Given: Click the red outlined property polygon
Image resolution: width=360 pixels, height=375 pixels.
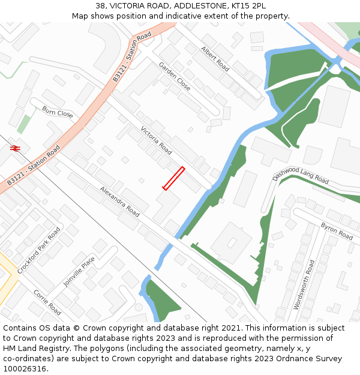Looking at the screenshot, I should click(x=173, y=178).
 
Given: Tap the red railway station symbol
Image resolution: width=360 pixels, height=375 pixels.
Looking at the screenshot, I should click(x=15, y=148).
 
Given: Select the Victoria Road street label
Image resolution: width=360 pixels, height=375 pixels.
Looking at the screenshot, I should click(x=156, y=140).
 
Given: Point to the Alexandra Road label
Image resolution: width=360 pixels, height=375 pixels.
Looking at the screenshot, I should click(x=119, y=201).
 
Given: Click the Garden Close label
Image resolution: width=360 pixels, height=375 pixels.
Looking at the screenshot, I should click(x=175, y=76).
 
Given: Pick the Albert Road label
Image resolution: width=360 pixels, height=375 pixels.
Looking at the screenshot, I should click(x=215, y=58).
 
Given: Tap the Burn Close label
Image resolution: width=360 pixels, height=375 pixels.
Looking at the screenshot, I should click(x=58, y=112).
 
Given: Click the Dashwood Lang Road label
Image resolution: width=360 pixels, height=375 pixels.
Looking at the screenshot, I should click(x=301, y=175).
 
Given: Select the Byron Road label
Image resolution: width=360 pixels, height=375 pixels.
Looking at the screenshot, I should click(x=337, y=231).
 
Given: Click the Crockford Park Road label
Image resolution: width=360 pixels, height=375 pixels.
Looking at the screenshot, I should click(x=39, y=250).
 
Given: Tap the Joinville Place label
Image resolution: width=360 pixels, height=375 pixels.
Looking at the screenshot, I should click(x=79, y=271).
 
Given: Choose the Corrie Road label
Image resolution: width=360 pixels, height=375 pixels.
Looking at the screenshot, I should click(x=47, y=302).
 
